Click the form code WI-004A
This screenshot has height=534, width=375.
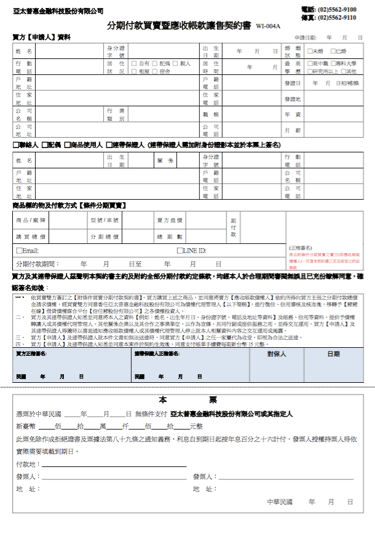point(269,26)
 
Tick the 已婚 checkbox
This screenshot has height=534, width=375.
point(333,51)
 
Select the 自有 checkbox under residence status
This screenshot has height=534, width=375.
point(135,63)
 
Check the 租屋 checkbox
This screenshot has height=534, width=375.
point(135,71)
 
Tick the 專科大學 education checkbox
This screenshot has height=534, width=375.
point(333,63)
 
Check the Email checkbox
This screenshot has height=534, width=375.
point(18,251)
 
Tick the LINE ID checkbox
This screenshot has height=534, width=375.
point(180,251)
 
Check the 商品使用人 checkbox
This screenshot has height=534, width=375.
point(67,145)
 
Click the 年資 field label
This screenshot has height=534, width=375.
point(293,114)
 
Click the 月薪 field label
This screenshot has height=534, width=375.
point(293,130)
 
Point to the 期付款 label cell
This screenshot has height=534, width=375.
point(232,227)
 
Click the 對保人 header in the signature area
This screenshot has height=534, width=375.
point(276,354)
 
